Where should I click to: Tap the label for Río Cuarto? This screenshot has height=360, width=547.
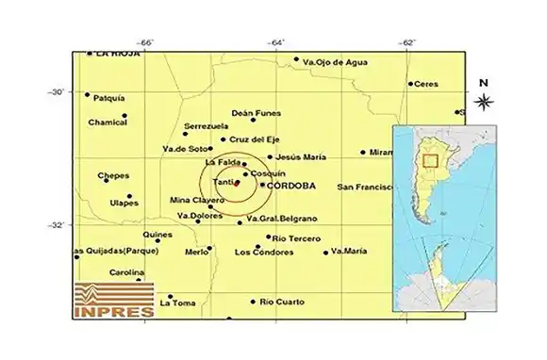point(281,302)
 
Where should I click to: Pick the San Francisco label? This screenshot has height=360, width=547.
point(364,187)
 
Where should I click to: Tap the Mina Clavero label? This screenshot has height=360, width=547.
point(192,200)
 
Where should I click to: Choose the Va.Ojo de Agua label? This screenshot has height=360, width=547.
point(333,62)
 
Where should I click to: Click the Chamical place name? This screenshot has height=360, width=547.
point(107,122)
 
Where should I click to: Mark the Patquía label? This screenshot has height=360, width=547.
point(110,96)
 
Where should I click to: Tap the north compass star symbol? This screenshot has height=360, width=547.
point(483,102)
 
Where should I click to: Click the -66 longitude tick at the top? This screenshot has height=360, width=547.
point(145,42)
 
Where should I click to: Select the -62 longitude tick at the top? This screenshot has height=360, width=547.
point(407,42)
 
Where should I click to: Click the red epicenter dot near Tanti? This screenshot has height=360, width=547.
point(236,183)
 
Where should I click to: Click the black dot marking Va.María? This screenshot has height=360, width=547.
point(326,252)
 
